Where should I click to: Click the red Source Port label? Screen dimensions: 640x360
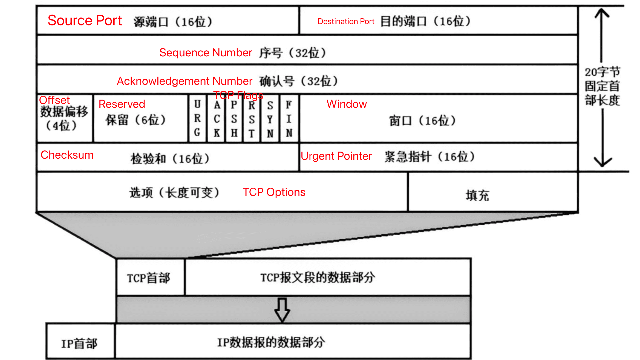point(85,21)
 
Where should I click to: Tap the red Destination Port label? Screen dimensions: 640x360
point(346,21)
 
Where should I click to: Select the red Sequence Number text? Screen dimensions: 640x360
point(206,53)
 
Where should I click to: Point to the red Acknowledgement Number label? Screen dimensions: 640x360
point(184,81)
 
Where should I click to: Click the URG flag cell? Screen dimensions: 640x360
point(197,118)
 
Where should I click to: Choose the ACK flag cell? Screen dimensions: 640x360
point(216,118)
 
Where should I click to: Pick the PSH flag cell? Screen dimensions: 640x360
point(234,118)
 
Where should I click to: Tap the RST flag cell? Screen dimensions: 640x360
point(252,118)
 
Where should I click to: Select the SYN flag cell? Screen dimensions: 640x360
point(270,118)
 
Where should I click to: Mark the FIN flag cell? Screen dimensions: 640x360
point(289,118)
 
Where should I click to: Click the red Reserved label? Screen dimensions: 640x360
point(122,104)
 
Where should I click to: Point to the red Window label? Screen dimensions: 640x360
point(347,104)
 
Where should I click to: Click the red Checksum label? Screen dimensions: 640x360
point(67,155)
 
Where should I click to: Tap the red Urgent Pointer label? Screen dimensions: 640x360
point(336,156)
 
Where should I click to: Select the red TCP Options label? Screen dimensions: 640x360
point(274,192)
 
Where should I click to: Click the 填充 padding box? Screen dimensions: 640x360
point(493,192)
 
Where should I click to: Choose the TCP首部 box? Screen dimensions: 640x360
point(151,277)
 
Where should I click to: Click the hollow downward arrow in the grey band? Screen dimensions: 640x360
point(282,310)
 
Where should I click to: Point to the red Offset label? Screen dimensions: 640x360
point(54,100)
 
